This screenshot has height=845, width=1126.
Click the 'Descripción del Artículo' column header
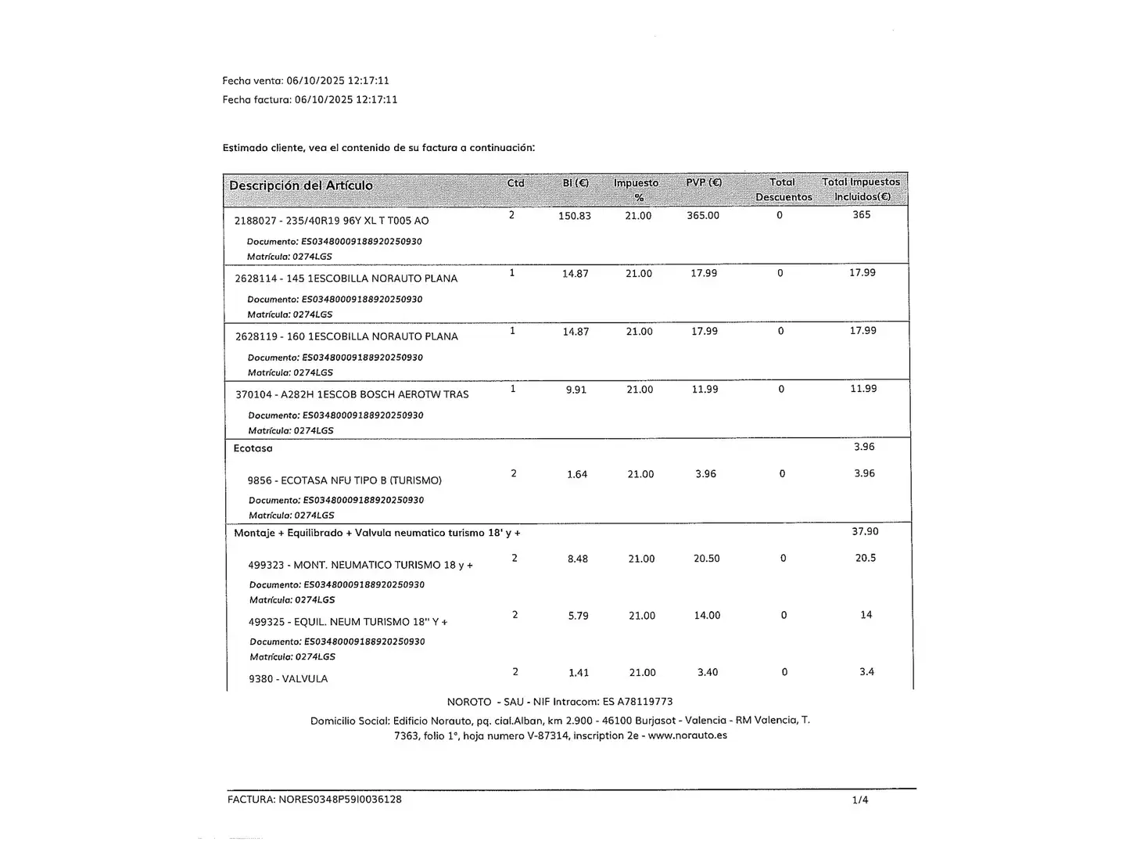point(301,185)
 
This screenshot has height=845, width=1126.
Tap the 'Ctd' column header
point(516,183)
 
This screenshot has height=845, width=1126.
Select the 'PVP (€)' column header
point(704,182)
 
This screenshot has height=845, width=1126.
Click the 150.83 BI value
point(575,216)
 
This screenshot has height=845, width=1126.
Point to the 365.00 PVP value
point(703,215)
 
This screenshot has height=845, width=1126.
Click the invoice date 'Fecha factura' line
point(310,99)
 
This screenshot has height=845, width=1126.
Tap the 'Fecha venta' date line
point(306,81)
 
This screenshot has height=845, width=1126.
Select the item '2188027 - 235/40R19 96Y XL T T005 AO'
point(332,221)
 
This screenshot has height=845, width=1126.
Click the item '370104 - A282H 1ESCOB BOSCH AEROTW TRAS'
point(352,394)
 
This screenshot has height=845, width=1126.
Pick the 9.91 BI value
point(576,390)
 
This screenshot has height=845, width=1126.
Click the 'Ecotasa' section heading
point(253,448)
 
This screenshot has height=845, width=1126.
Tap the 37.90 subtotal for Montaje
point(865,531)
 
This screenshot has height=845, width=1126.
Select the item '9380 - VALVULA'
point(289,679)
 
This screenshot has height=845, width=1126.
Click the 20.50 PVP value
point(707,559)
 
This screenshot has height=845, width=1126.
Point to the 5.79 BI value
point(579,616)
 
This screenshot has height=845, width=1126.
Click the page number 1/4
point(860,800)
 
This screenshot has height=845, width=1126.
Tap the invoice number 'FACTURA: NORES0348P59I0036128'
point(314,800)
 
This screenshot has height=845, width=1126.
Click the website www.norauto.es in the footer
point(687,735)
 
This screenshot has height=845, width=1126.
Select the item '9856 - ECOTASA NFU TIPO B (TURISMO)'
point(345,480)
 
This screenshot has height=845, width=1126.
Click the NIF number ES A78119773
point(637,702)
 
